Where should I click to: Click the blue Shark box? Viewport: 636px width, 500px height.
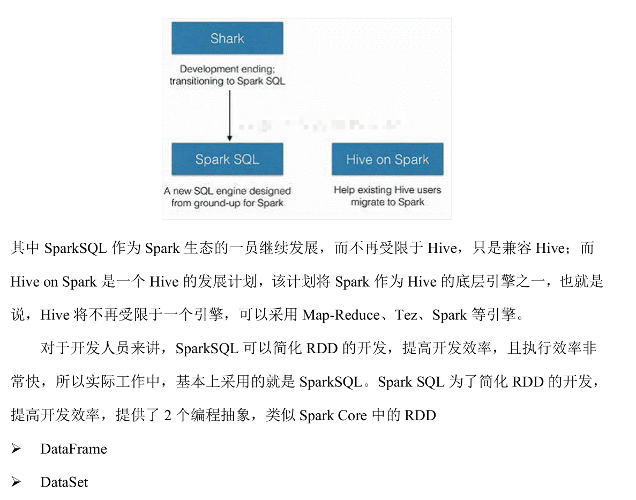click(227, 38)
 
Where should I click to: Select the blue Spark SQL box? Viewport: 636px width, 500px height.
click(227, 159)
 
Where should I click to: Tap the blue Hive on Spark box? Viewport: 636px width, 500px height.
click(387, 159)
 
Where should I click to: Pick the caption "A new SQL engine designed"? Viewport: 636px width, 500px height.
click(228, 191)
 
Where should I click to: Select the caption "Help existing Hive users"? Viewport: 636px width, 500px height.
click(387, 190)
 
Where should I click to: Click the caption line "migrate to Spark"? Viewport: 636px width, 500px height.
click(387, 202)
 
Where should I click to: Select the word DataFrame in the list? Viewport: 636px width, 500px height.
click(73, 449)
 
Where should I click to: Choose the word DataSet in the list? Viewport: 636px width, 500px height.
click(64, 482)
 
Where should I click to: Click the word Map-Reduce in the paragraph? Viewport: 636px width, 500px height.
click(341, 315)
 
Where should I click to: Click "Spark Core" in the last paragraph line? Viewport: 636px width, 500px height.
click(333, 415)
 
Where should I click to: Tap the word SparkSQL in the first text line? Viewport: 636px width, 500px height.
click(76, 249)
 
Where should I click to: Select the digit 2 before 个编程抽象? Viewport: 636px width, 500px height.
click(168, 415)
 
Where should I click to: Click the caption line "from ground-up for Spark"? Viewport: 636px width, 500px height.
click(227, 203)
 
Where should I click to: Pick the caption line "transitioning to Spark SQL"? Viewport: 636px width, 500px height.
click(227, 81)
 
